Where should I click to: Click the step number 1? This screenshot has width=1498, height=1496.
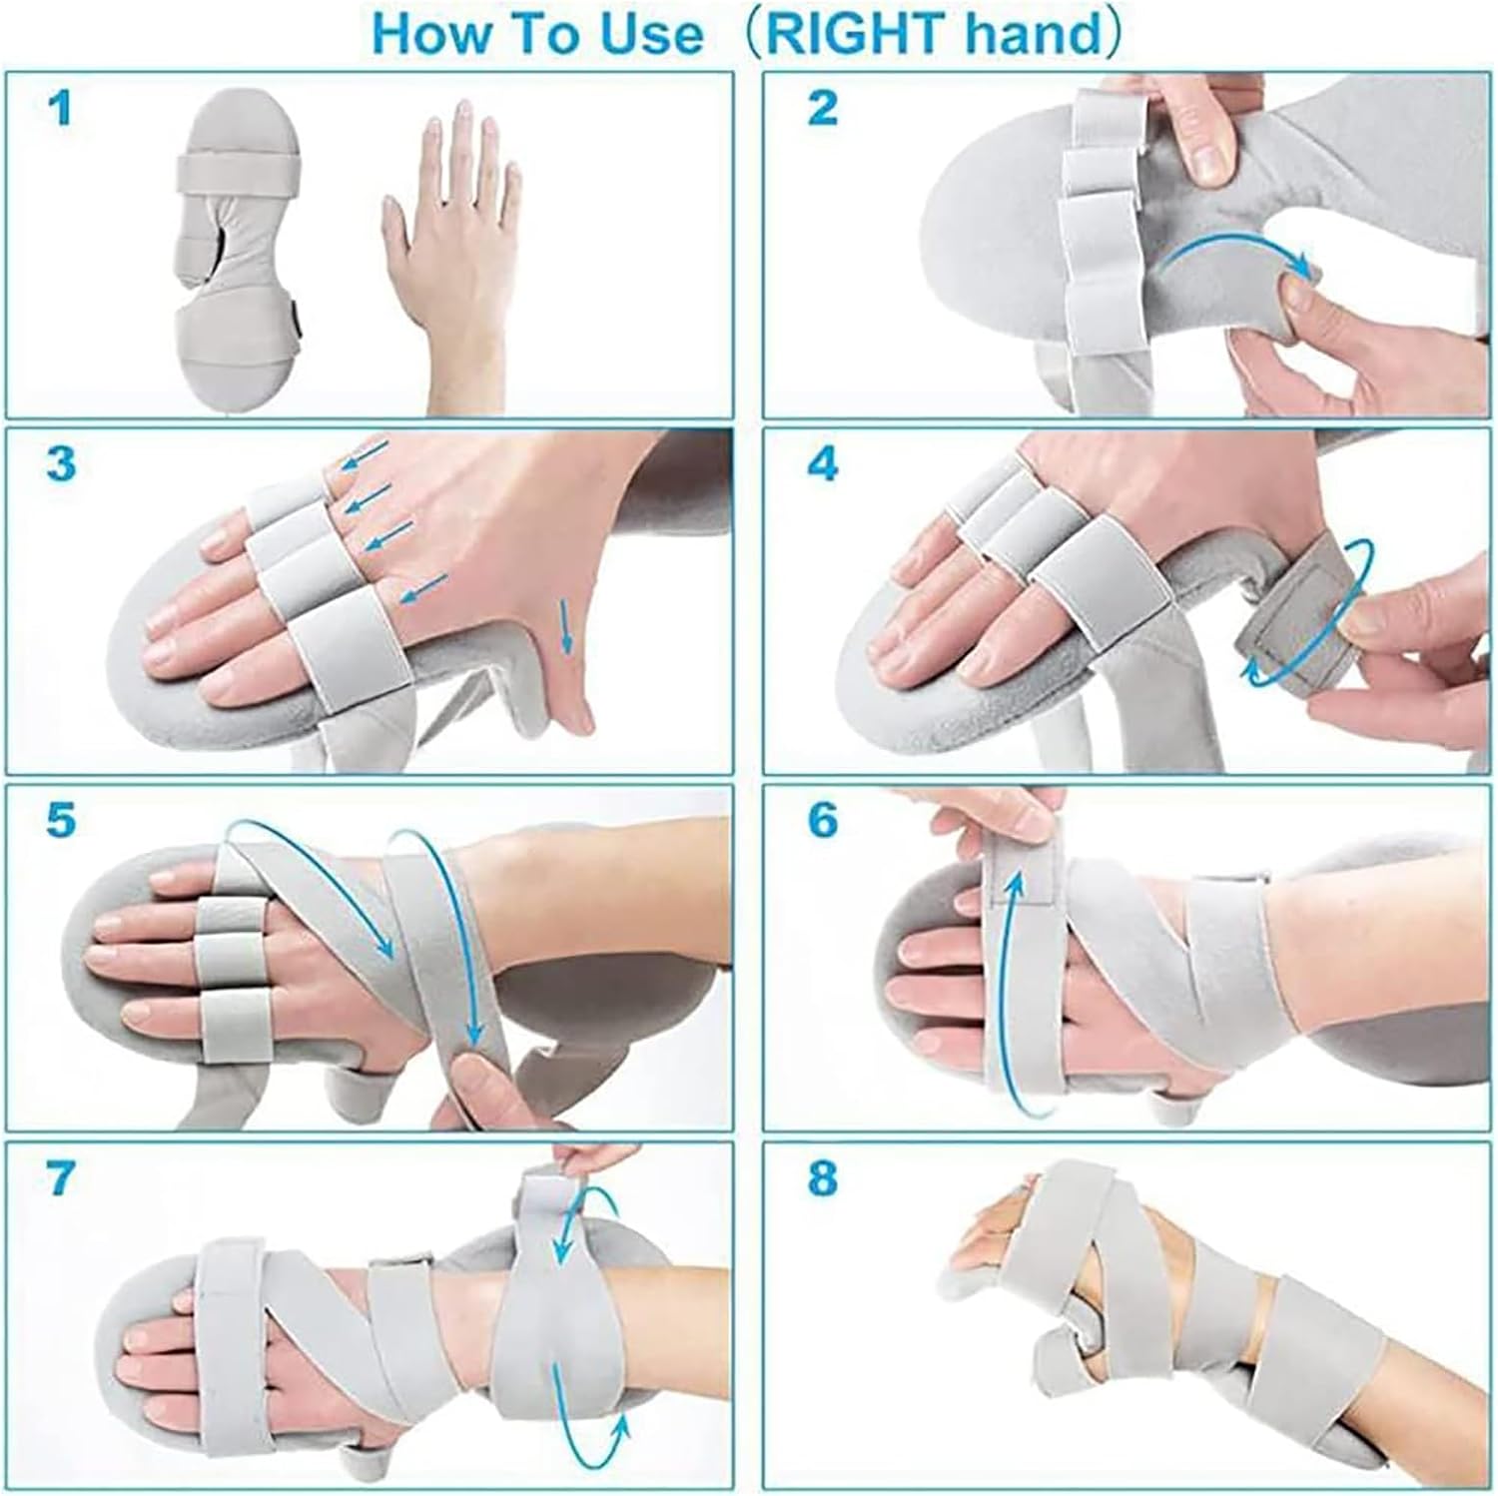tap(61, 109)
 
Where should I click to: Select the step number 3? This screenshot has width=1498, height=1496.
tap(61, 464)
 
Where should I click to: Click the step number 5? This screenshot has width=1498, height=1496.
tap(61, 820)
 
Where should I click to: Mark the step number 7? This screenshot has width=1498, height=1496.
tap(61, 1178)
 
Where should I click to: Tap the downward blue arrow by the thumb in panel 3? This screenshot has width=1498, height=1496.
tap(567, 627)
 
